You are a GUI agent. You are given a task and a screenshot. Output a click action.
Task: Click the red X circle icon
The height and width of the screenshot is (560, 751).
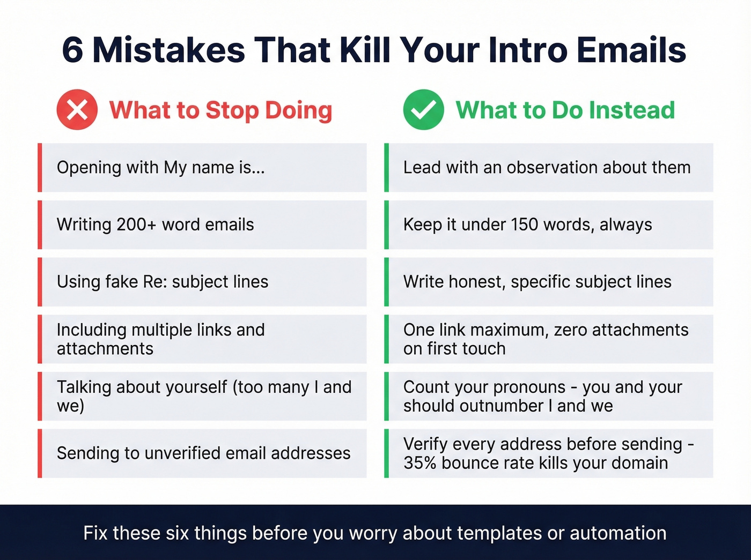(x=77, y=110)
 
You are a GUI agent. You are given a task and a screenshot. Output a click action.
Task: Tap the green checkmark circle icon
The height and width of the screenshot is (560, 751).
(x=424, y=110)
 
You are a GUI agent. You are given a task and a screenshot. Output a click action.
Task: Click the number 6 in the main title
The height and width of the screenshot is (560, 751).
(x=73, y=50)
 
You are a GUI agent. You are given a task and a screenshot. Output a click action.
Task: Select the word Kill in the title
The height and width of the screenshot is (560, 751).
(x=366, y=50)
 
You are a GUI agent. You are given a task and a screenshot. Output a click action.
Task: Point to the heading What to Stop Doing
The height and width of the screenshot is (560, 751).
(x=220, y=110)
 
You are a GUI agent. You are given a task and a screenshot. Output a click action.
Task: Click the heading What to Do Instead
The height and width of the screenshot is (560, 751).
(x=565, y=110)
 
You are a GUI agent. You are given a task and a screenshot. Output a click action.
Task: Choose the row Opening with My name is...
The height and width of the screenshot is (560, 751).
(x=161, y=168)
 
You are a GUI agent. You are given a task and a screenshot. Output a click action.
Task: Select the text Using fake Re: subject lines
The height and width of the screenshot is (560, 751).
(x=163, y=282)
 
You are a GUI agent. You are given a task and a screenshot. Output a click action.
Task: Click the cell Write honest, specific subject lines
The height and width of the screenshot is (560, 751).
(x=537, y=282)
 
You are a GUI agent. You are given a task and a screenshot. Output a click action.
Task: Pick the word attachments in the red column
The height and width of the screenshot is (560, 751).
(x=105, y=349)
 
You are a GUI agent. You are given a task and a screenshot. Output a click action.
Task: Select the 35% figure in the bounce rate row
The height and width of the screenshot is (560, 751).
(x=420, y=463)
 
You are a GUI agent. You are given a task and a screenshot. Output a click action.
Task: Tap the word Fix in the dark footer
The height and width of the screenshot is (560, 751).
(x=95, y=533)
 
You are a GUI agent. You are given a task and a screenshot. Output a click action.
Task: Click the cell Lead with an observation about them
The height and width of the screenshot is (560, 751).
(x=547, y=168)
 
